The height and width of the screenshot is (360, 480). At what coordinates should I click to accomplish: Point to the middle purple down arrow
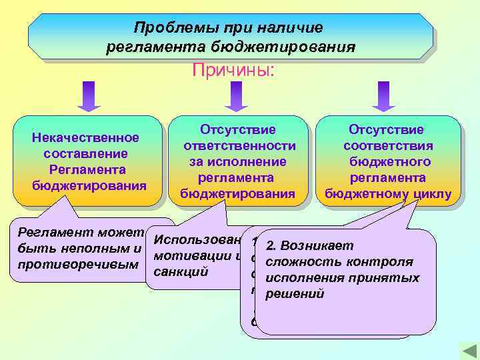point(236,96)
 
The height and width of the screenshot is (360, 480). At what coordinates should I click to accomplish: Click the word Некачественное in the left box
point(85,138)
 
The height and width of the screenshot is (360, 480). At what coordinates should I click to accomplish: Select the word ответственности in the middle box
point(239,145)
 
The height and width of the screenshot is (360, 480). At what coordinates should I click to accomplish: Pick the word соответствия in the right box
point(388,145)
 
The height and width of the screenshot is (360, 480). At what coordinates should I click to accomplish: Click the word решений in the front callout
point(294,293)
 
